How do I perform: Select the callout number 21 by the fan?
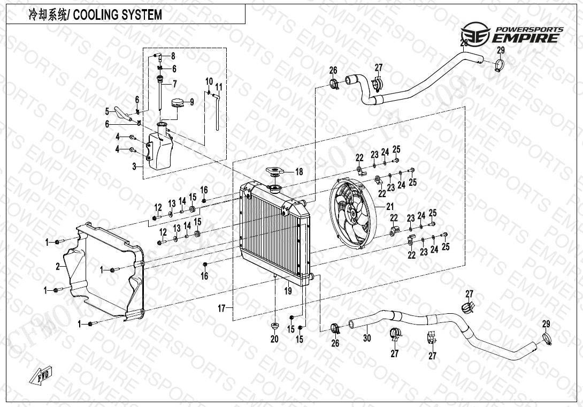[389, 207]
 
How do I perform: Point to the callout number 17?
[220, 308]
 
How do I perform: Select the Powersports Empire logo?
[512, 34]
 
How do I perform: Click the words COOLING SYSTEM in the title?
[117, 14]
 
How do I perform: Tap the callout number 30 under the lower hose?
[367, 338]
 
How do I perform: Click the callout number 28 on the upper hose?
[464, 43]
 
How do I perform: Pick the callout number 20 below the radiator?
[274, 339]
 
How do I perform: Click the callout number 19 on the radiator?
[288, 291]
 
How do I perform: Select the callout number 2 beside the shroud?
[57, 266]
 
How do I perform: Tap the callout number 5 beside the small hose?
[107, 111]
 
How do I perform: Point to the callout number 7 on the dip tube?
[174, 84]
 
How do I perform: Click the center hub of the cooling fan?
[353, 213]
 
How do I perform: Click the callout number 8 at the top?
[173, 56]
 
